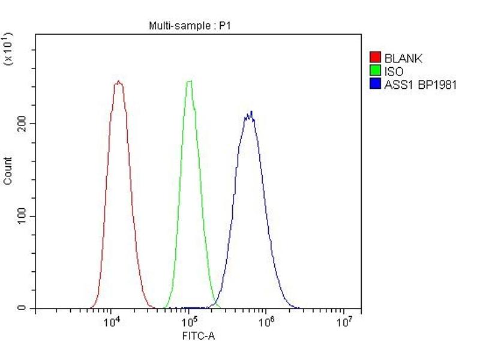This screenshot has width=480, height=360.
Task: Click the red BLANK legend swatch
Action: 375,58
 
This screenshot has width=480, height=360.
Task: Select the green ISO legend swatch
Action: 375,71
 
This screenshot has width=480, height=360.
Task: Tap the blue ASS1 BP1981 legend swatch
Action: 375,85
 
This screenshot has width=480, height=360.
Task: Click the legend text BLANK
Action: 403,58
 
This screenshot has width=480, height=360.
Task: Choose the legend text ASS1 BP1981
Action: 421,85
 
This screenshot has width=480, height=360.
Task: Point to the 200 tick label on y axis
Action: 22,124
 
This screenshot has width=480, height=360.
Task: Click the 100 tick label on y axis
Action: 22,216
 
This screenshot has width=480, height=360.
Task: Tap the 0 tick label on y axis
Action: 22,308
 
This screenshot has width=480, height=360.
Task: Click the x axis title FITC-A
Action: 198,337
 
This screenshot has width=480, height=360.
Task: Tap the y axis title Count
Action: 8,171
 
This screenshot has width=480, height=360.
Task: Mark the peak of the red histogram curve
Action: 118,82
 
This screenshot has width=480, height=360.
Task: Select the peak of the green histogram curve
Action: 190,81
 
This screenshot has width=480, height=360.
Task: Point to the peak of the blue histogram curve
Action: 251,112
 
